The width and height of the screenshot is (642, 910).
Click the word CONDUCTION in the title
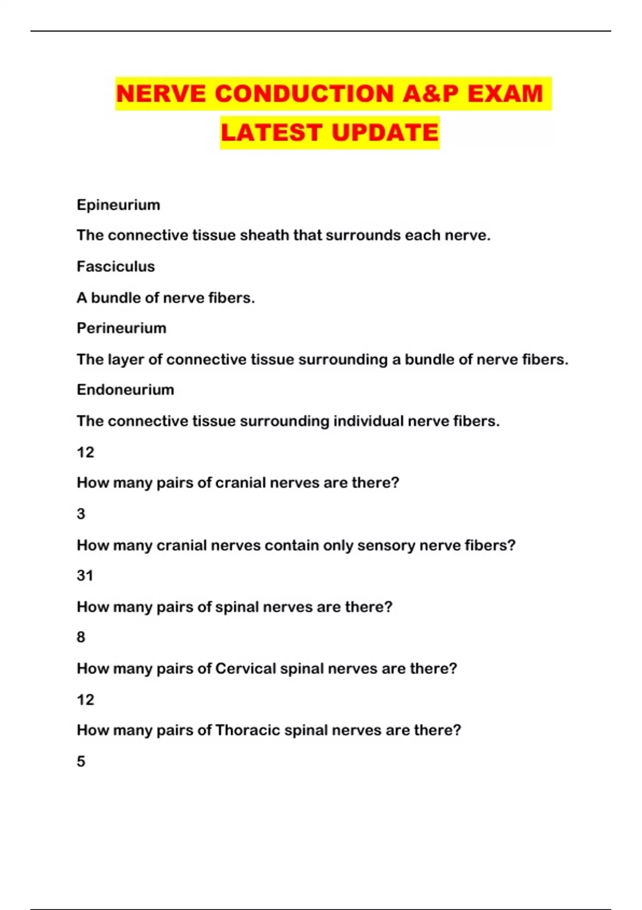pos(304,94)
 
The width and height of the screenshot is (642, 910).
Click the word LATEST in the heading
pos(271,133)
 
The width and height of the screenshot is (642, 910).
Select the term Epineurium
pos(118,205)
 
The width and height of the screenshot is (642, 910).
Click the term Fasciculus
pos(116,267)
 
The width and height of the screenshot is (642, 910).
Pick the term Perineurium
pos(121,328)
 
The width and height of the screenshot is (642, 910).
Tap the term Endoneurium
pos(125,390)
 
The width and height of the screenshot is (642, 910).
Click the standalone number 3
pos(81,514)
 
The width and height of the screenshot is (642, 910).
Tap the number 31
pos(85,575)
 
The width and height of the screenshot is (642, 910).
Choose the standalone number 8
pos(81,637)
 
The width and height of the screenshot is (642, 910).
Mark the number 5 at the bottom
pos(81,761)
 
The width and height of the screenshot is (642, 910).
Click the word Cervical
pos(245,669)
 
